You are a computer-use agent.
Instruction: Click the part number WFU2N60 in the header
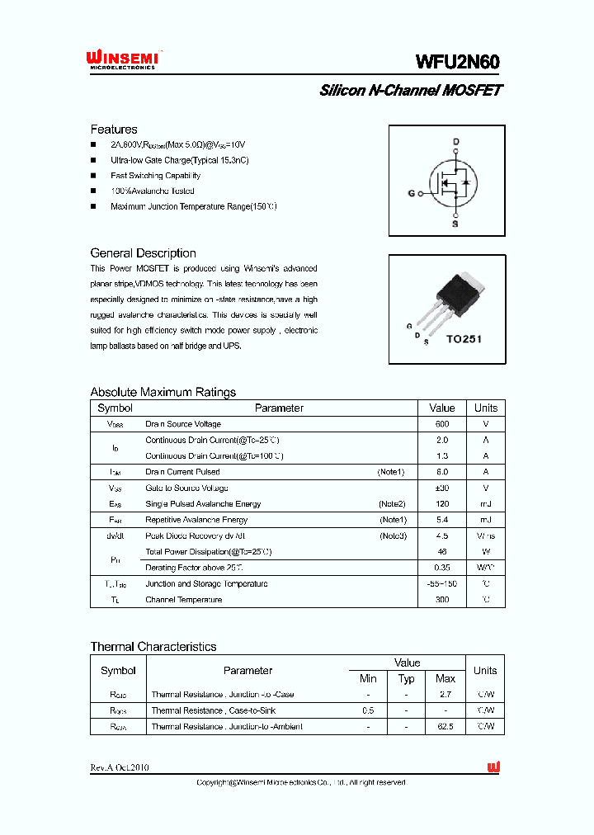(x=458, y=62)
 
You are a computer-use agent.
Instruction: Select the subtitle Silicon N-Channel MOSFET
(x=410, y=91)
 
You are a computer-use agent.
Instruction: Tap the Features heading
(x=114, y=130)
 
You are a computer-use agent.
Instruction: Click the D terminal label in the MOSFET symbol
(x=455, y=142)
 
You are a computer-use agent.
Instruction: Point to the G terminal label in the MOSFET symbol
(x=411, y=194)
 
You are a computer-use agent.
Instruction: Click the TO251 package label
(x=464, y=338)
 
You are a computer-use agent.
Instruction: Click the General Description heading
(x=143, y=253)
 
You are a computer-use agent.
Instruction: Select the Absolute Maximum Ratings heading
(x=163, y=392)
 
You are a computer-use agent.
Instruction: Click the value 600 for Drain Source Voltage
(x=442, y=424)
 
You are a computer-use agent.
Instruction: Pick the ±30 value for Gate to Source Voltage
(x=442, y=488)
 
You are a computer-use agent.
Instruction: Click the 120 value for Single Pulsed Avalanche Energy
(x=442, y=503)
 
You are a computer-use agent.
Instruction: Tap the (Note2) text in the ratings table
(x=392, y=503)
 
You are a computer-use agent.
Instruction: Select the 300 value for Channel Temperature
(x=442, y=600)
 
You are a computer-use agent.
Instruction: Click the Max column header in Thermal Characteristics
(x=445, y=678)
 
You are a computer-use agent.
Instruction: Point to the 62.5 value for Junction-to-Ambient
(x=445, y=726)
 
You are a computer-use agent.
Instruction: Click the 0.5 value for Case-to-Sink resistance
(x=368, y=710)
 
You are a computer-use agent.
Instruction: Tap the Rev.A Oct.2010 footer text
(x=120, y=767)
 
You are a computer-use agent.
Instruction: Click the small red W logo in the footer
(x=493, y=767)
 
